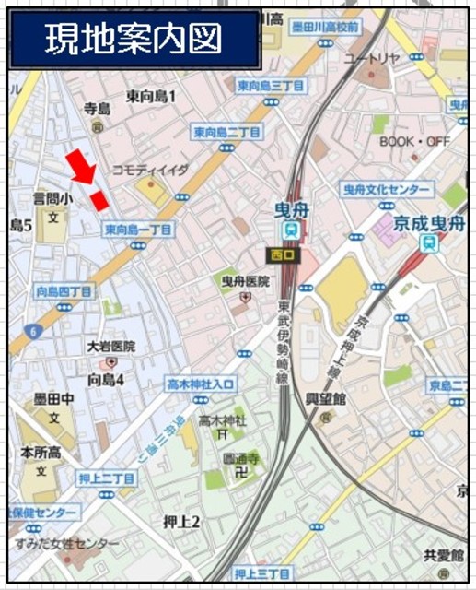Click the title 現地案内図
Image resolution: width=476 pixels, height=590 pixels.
tap(134, 41)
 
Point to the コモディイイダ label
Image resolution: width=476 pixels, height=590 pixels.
tap(149, 171)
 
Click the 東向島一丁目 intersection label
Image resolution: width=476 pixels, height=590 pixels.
tap(137, 230)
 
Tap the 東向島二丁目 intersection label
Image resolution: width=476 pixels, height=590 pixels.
tap(226, 133)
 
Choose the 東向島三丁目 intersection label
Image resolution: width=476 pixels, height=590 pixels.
tap(271, 86)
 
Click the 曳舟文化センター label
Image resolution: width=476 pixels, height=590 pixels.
tap(386, 189)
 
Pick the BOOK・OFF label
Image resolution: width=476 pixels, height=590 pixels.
tap(414, 141)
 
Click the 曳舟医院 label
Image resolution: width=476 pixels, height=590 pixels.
tap(245, 280)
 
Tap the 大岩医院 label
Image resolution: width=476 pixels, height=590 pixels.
tap(110, 347)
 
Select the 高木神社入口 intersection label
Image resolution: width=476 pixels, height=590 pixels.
tap(202, 383)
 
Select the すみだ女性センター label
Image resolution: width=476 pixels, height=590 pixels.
tap(66, 544)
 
